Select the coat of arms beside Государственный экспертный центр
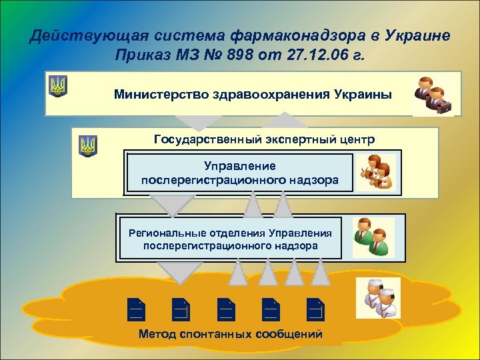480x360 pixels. click(x=87, y=145)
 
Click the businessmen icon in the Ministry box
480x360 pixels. click(x=433, y=95)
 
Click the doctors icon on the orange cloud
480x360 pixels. click(x=377, y=299)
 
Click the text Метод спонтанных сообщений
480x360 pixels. click(x=230, y=334)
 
